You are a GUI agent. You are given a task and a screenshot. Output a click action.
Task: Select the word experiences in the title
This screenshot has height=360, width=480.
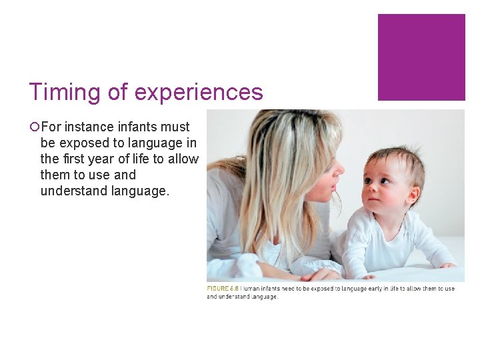coord(199,92)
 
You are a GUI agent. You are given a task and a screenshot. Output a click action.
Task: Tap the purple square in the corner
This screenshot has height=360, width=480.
coord(421,57)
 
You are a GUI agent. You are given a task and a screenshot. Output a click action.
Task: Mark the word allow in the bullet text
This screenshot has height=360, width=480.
coord(183,159)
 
